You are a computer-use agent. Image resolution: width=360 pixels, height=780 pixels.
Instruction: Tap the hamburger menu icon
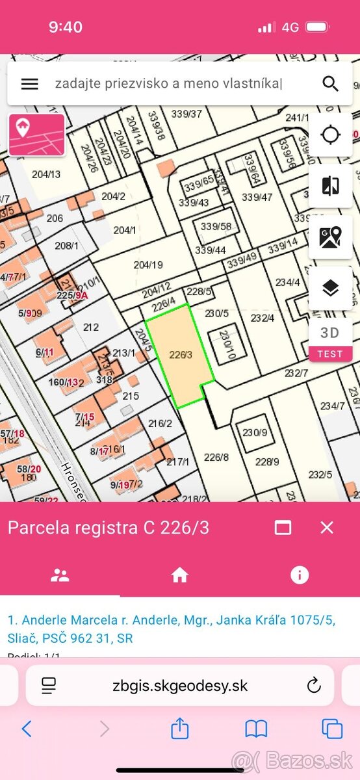tap(30, 84)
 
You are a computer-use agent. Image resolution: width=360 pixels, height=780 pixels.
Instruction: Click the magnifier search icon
tap(330, 84)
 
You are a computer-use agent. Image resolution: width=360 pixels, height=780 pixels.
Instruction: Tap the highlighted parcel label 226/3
tap(181, 355)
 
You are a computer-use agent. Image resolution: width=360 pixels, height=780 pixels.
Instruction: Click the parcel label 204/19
tap(148, 265)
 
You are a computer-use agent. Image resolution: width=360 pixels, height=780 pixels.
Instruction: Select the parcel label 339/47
tap(257, 197)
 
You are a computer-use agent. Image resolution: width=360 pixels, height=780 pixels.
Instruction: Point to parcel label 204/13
tap(45, 174)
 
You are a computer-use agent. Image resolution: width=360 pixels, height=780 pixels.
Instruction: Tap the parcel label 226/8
tap(216, 457)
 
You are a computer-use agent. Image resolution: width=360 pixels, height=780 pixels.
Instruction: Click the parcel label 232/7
tap(296, 373)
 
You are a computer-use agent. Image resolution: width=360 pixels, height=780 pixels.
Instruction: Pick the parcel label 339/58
tap(216, 227)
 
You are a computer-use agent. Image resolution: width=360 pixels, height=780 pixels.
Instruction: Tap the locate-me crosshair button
tap(330, 135)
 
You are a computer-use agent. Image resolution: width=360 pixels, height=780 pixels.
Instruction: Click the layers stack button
tap(330, 288)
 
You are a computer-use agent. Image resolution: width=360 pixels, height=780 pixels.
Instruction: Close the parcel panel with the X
tap(327, 527)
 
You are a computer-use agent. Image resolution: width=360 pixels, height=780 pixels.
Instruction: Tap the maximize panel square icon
tap(283, 527)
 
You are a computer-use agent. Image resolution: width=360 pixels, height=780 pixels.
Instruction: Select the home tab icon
tap(179, 575)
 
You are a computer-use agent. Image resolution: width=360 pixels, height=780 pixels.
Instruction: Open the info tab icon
tap(300, 575)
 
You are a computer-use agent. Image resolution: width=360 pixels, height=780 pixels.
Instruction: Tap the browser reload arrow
tap(314, 685)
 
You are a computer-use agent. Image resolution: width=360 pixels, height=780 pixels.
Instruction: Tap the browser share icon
tap(180, 729)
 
